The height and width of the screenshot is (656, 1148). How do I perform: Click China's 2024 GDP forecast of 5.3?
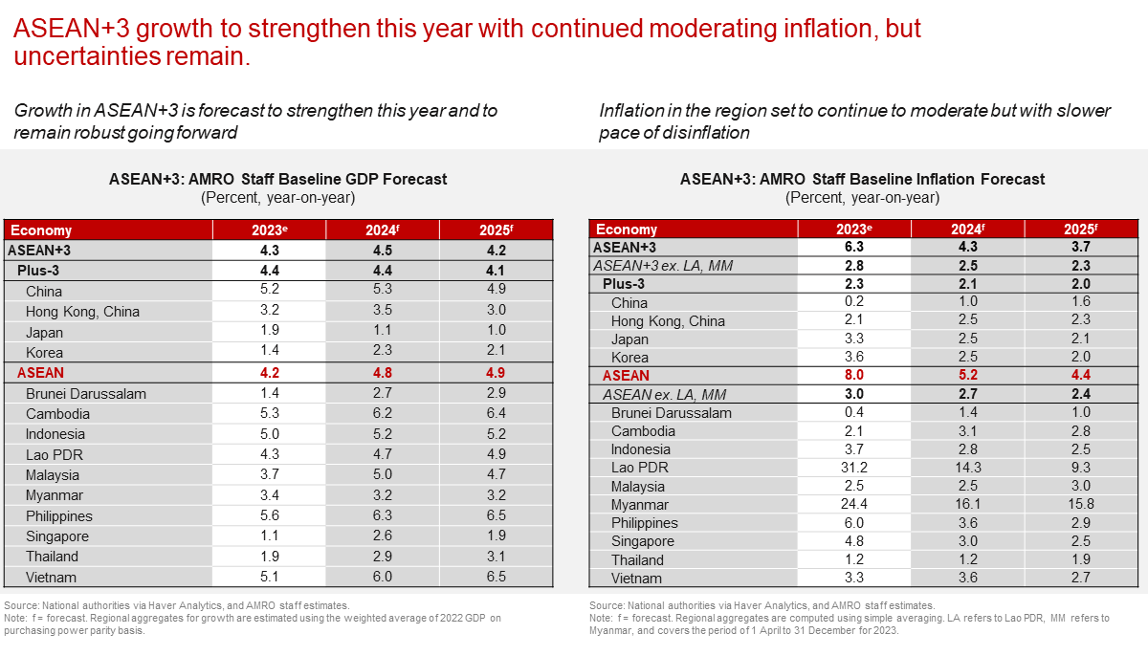[383, 291]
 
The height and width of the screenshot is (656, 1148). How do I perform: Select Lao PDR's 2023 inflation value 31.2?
[854, 468]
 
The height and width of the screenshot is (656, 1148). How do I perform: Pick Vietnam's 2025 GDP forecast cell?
[497, 578]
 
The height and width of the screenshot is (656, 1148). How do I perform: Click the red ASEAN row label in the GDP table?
[40, 373]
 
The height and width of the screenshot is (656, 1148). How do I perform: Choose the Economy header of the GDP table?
[41, 230]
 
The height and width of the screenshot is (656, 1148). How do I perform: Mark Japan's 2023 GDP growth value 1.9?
[270, 333]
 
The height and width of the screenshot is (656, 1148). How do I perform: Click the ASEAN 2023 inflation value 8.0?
[854, 376]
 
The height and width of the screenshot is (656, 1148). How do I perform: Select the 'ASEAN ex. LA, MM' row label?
[661, 394]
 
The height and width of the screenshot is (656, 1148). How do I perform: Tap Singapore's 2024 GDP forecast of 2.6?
[383, 536]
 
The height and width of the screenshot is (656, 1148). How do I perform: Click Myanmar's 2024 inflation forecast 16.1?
[968, 505]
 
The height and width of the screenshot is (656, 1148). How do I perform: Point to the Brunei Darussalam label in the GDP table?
[85, 394]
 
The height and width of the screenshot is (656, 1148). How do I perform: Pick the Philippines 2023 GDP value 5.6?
[270, 516]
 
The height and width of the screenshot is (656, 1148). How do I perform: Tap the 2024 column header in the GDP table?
[383, 230]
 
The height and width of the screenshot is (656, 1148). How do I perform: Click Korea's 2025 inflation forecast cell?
[1081, 358]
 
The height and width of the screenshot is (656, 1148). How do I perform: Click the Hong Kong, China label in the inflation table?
[668, 321]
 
